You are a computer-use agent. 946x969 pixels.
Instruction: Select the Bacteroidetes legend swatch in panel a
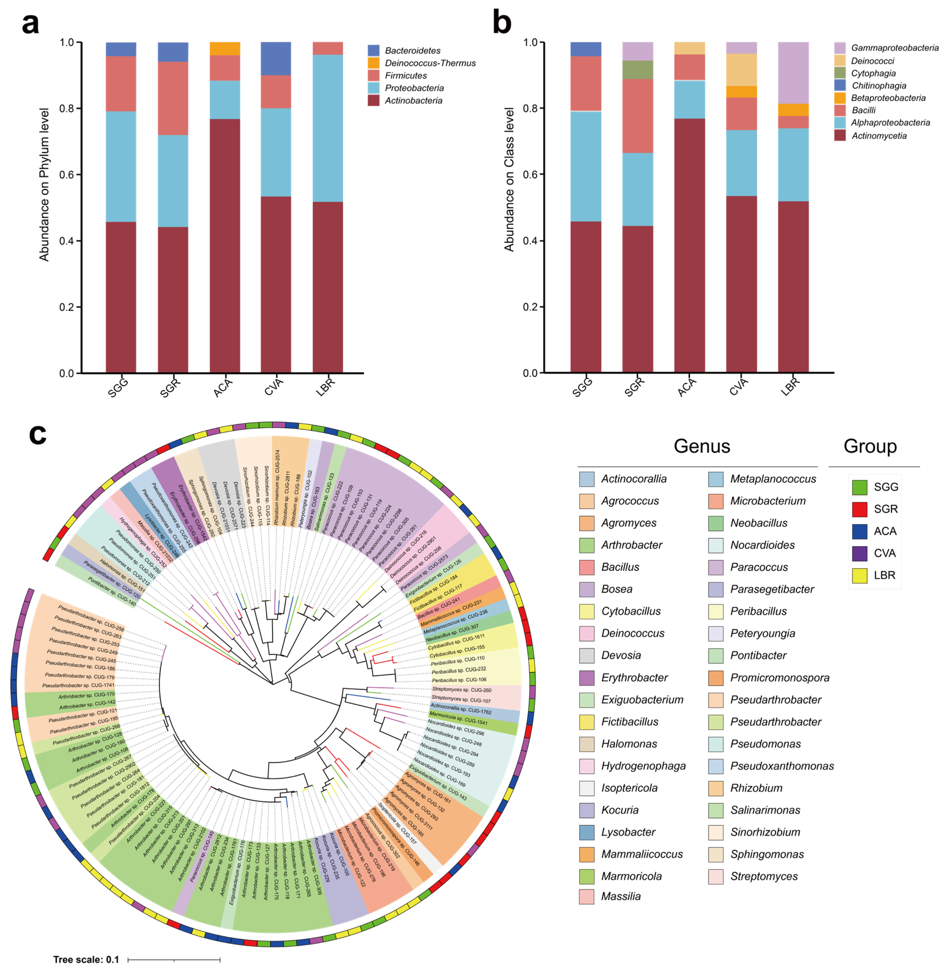[374, 51]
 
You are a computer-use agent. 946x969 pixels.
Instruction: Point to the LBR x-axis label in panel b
[790, 387]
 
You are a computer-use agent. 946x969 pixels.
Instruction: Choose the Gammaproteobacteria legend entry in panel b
[894, 48]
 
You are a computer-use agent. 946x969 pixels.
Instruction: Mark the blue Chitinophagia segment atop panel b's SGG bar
[585, 49]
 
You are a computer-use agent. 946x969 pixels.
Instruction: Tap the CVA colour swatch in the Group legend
[859, 553]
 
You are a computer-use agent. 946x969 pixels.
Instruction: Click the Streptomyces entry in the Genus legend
[764, 876]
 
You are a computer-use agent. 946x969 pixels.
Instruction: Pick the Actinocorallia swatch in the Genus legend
[587, 479]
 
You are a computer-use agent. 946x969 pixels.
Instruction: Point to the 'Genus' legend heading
[702, 446]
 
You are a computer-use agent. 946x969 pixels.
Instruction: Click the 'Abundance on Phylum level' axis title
[44, 184]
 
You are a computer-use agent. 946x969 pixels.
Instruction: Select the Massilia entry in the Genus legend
[621, 896]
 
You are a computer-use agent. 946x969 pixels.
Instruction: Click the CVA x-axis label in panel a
[273, 387]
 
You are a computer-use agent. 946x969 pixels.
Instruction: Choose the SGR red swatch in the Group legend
[859, 509]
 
